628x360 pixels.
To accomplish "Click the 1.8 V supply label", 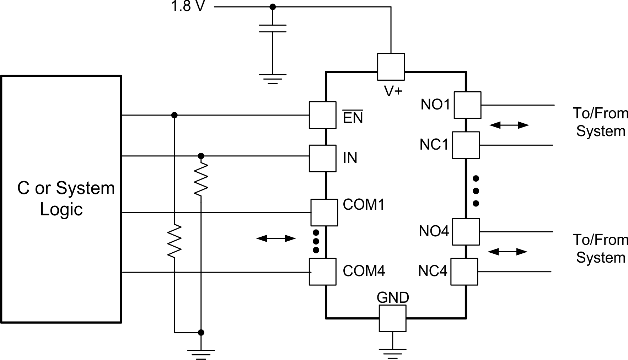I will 188,6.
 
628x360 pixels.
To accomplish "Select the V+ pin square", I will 391,67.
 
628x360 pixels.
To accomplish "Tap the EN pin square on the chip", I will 322,115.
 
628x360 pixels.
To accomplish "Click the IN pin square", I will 322,158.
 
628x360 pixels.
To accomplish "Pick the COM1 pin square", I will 324,213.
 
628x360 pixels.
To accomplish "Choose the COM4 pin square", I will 322,272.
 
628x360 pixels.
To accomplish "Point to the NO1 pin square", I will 467,105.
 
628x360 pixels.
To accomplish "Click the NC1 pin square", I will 466,145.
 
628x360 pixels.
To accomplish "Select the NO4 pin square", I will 466,232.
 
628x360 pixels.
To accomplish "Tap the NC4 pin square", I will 464,272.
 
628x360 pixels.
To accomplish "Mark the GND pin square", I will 392,318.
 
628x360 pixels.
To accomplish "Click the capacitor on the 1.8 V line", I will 273,28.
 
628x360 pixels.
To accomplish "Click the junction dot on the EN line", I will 174,115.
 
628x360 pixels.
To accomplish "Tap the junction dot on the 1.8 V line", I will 273,7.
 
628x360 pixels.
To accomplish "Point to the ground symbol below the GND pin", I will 392,352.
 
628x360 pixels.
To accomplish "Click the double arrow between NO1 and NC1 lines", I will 509,125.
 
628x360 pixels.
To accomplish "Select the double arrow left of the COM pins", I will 276,238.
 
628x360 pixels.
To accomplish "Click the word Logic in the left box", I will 61,209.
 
